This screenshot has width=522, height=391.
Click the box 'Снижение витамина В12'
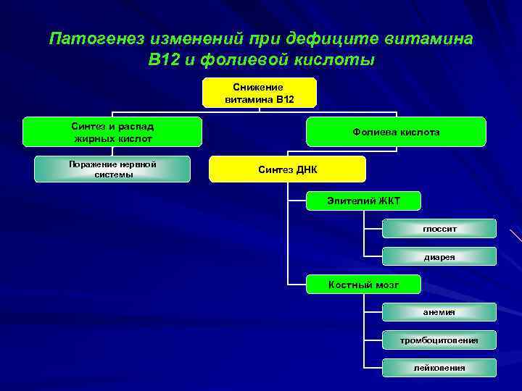coord(259,93)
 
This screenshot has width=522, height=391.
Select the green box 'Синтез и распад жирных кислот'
coord(112,132)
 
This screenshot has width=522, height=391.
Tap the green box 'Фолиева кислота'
coord(396,133)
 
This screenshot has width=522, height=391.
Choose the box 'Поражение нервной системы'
coord(112,169)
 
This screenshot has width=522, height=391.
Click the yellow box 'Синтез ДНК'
coord(287,169)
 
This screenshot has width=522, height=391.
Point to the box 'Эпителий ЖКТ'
coord(363,201)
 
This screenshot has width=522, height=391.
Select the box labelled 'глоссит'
coord(439,229)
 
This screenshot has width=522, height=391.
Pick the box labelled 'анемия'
coord(439,312)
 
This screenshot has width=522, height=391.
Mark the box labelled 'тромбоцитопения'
coord(439,340)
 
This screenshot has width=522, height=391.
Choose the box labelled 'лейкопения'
coord(439,368)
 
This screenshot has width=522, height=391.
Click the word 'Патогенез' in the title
coord(97,38)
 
